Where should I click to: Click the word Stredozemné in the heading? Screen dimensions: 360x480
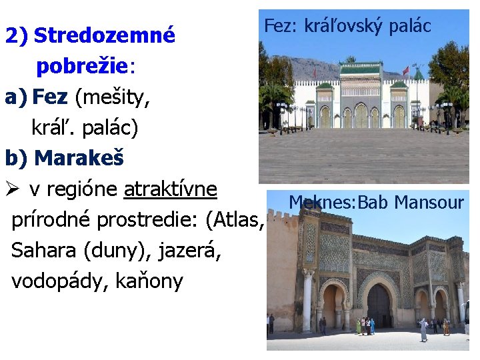(104, 35)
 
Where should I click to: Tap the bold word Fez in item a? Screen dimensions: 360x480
(50, 97)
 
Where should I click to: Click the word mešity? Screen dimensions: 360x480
(110, 97)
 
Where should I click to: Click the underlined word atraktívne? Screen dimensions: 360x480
(171, 189)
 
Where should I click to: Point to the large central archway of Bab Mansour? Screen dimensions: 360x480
(379, 304)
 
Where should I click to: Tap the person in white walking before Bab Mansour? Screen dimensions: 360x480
(423, 329)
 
